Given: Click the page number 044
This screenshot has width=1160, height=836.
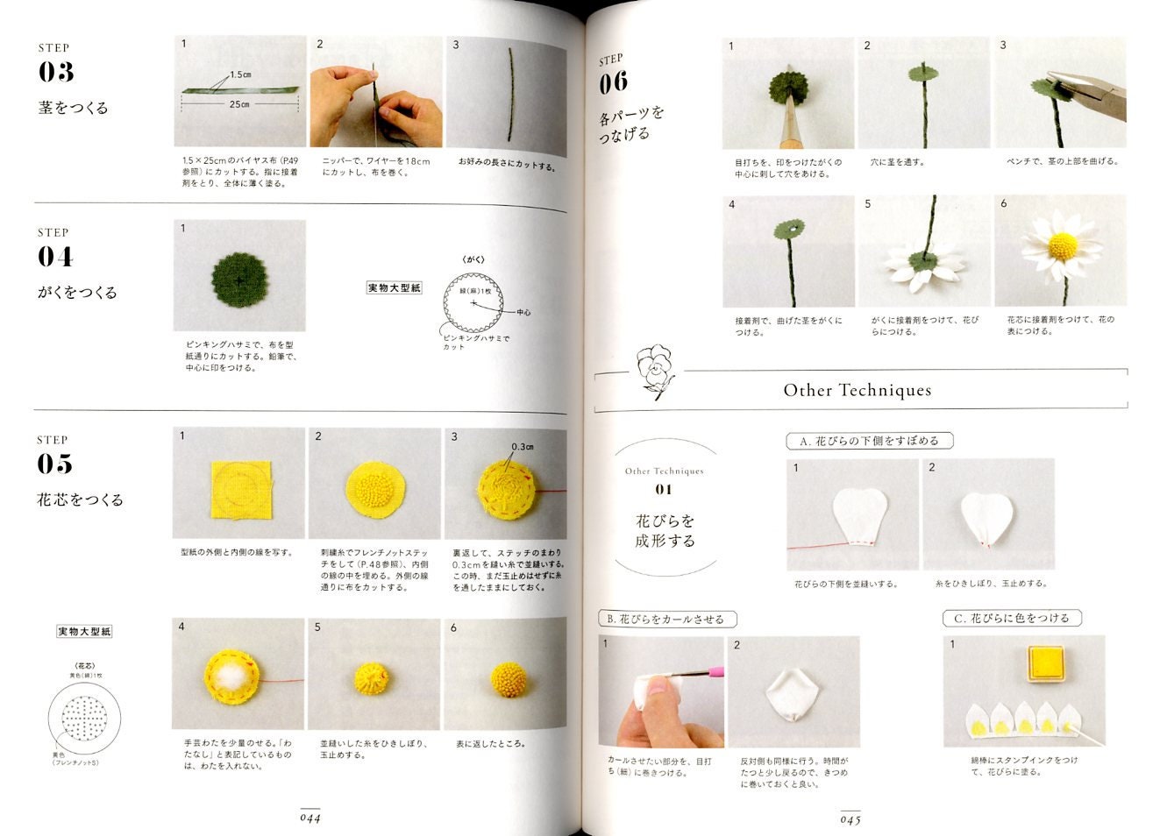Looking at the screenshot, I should [x=310, y=818].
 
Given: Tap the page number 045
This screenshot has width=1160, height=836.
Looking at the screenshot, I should [x=850, y=819].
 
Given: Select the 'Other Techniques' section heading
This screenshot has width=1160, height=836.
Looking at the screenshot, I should [x=857, y=391].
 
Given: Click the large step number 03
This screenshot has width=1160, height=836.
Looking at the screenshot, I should [x=55, y=73].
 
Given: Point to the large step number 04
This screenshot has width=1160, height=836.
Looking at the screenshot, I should [x=55, y=257].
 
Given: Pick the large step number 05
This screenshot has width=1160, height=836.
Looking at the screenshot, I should [x=55, y=464].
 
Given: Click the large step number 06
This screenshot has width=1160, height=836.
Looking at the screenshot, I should [x=614, y=82].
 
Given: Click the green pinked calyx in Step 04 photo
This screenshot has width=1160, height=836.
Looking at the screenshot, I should [x=240, y=277].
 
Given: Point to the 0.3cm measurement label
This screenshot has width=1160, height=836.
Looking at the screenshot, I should [x=523, y=447].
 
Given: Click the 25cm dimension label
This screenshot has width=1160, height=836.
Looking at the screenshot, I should [x=239, y=104].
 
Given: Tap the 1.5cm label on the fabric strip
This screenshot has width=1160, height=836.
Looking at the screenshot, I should [x=241, y=74].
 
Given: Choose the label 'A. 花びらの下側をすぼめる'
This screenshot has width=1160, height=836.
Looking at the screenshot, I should [x=869, y=441].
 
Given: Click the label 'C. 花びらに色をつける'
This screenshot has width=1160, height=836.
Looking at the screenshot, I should [x=1012, y=618].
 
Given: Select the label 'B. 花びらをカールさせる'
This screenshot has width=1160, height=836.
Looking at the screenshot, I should [x=666, y=619].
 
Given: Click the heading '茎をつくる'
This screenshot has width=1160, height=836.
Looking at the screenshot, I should [x=74, y=108].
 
